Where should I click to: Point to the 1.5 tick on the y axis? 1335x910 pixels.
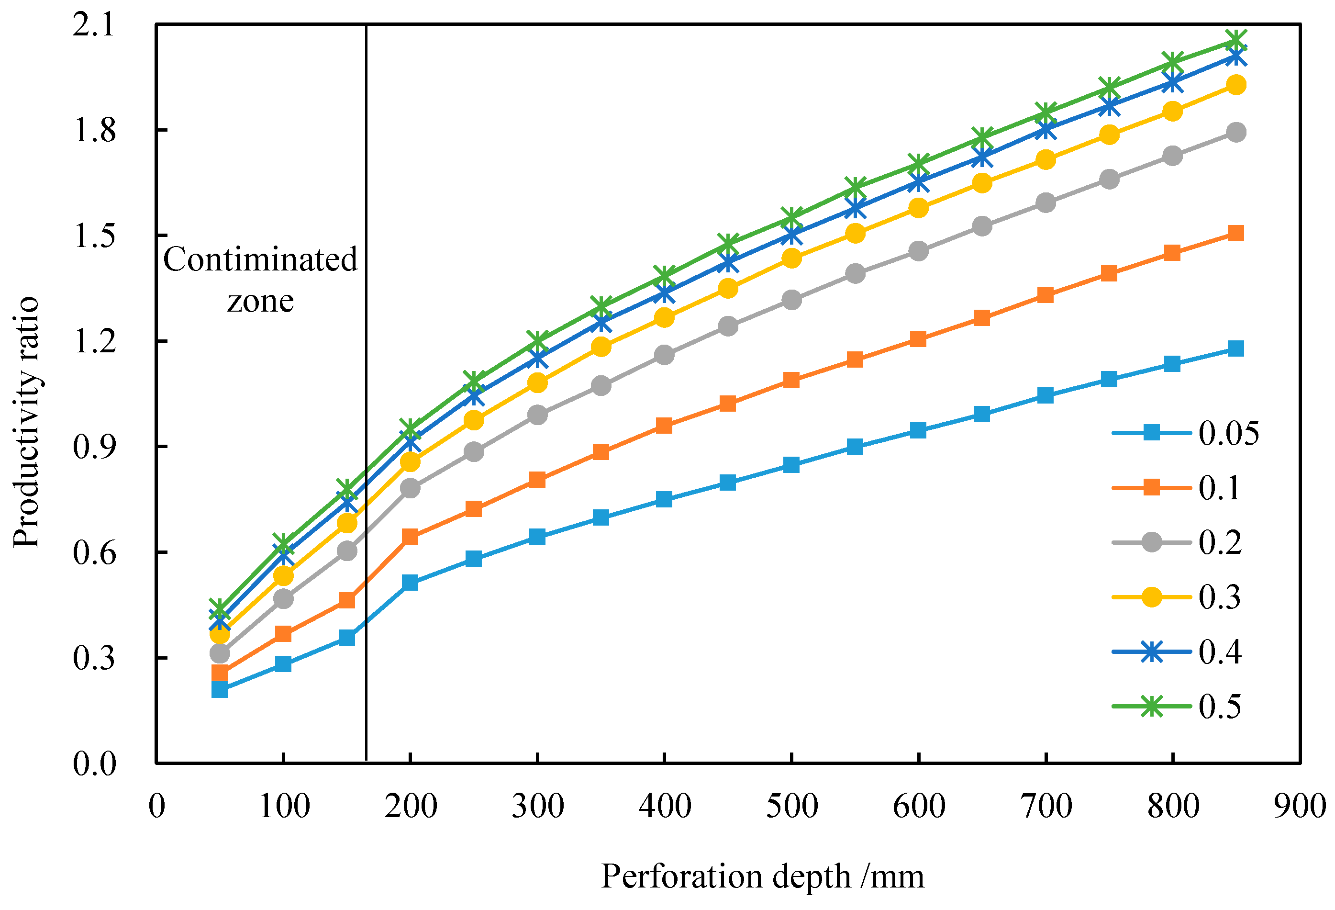coord(95,236)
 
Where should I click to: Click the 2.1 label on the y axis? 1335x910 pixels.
coord(95,25)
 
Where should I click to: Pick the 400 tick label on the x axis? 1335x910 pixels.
coord(665,806)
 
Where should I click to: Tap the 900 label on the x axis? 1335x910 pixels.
coord(1300,806)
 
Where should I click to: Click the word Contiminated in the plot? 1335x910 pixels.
coord(260,259)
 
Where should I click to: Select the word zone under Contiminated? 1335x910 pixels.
coord(260,301)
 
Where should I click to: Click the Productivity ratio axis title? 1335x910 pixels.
coord(26,423)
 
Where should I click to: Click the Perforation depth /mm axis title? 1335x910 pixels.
coord(762,876)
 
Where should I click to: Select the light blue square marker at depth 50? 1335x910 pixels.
coord(220,689)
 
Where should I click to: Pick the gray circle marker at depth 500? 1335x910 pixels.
coord(791,300)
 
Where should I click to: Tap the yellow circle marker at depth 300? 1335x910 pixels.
coord(537,382)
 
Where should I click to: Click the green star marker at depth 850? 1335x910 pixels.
coord(1235,40)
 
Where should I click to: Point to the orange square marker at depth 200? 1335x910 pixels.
coord(410,537)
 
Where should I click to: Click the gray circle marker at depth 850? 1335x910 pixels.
coord(1235,132)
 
